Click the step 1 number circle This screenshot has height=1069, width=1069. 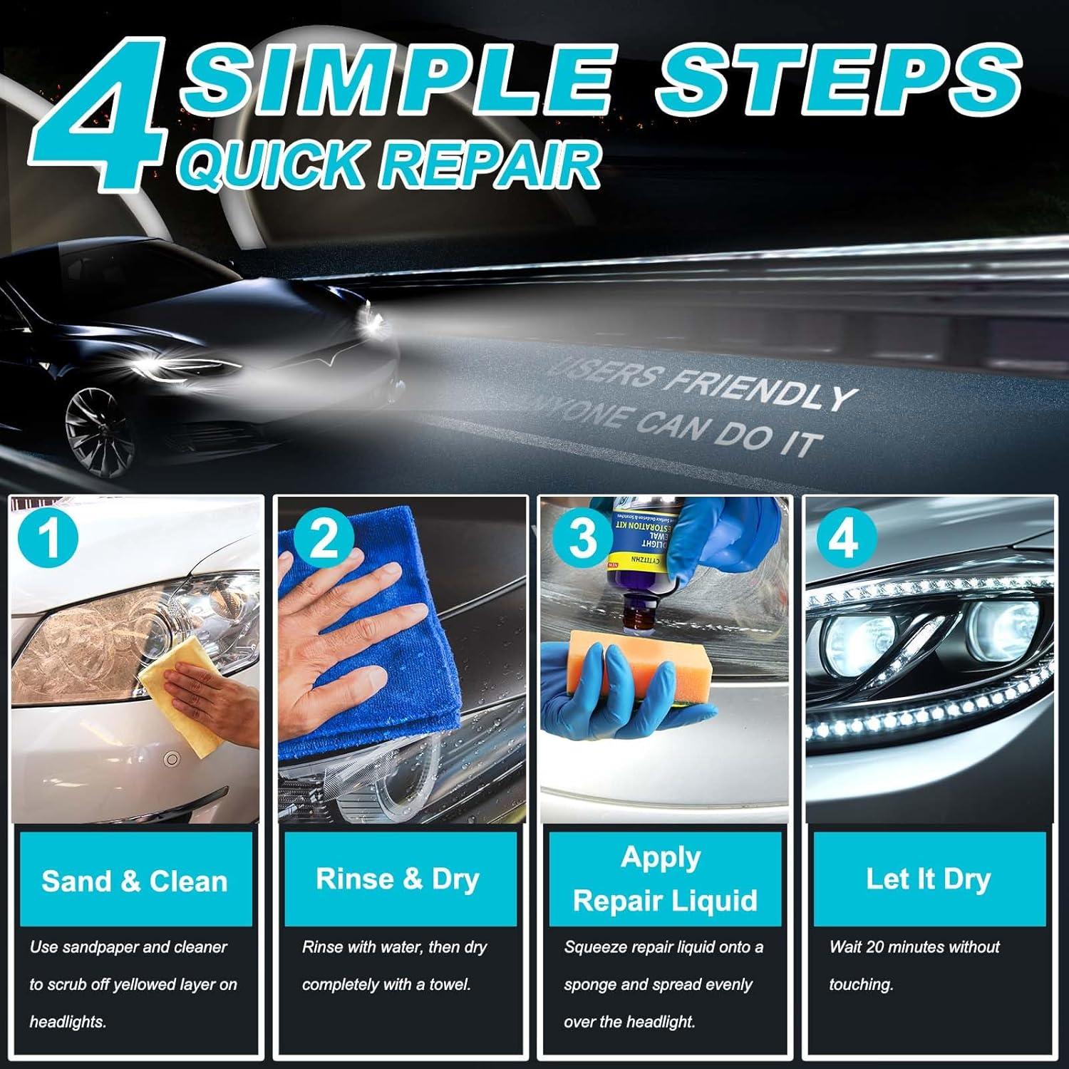tap(49, 539)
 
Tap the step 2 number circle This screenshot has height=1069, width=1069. tap(324, 539)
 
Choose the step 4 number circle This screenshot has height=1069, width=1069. tap(845, 539)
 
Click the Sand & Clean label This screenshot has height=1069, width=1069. tap(135, 882)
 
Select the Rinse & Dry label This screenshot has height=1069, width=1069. tap(398, 879)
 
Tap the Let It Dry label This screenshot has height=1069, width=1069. tap(928, 879)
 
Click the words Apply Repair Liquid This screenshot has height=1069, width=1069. tap(664, 879)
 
